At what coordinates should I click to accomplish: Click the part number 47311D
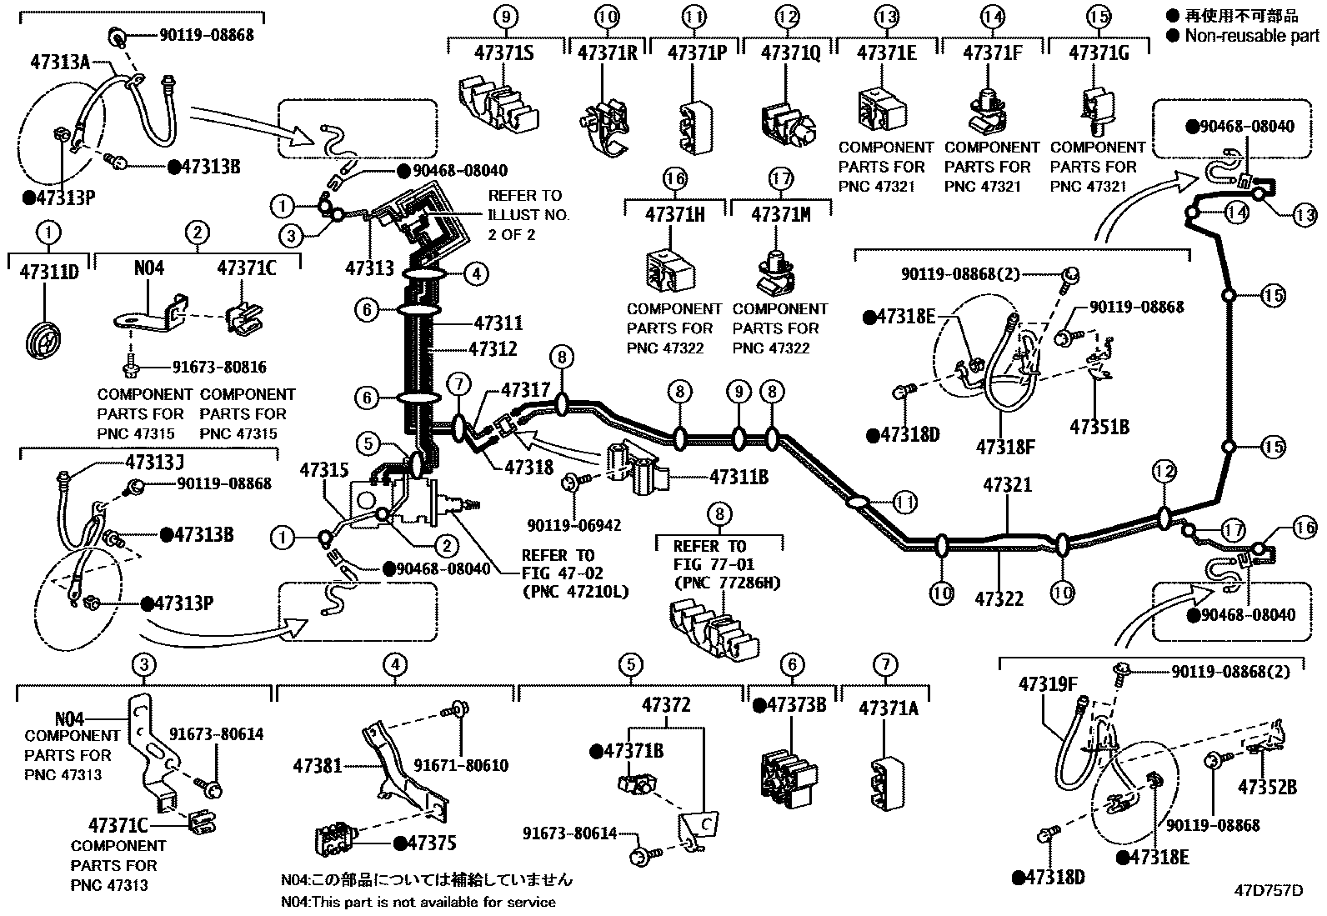pyautogui.click(x=48, y=272)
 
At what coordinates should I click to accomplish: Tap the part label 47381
pyautogui.click(x=318, y=764)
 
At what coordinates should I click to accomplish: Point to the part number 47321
pyautogui.click(x=1007, y=485)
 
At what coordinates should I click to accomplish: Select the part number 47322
pyautogui.click(x=999, y=598)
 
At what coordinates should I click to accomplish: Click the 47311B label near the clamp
pyautogui.click(x=738, y=477)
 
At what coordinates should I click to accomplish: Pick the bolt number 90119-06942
pyautogui.click(x=573, y=526)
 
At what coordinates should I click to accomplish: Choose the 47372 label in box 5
pyautogui.click(x=667, y=705)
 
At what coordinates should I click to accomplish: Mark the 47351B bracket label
pyautogui.click(x=1099, y=426)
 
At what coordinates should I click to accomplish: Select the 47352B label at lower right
pyautogui.click(x=1267, y=787)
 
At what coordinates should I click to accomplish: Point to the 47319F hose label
pyautogui.click(x=1048, y=684)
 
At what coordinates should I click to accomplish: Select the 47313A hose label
pyautogui.click(x=60, y=60)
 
